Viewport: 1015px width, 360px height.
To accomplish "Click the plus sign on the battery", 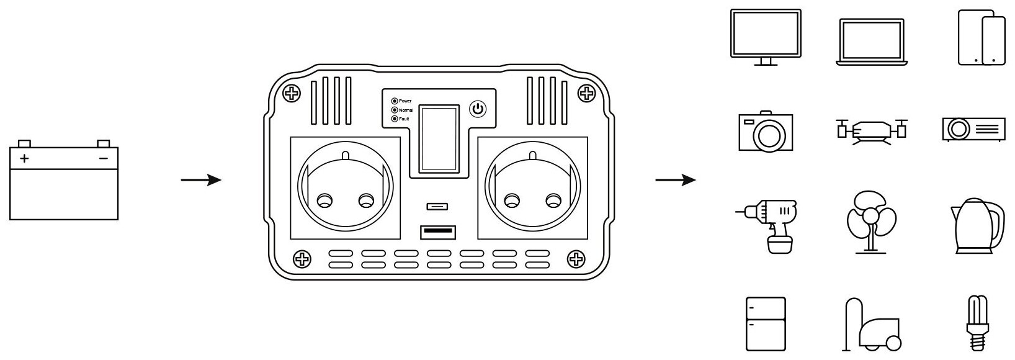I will coord(24,158).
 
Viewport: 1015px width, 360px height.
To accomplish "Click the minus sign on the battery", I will coord(104,158).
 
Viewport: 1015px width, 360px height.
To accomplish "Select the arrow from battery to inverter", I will coord(201,181).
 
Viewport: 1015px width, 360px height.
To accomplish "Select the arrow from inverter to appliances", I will coord(676,181).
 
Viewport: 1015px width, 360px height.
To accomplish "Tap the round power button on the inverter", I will coord(478,110).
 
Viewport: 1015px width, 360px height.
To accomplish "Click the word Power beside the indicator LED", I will coord(405,101).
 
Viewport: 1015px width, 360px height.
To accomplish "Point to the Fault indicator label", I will coord(404,119).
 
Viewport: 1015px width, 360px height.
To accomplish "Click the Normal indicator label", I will coord(406,110).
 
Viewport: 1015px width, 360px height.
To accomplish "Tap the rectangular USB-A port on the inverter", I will coord(438,232).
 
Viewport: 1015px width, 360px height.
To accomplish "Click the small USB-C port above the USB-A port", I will coord(438,206).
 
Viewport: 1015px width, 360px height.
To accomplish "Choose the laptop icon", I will coord(871,41).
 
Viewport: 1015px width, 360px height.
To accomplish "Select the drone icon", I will coord(871,130).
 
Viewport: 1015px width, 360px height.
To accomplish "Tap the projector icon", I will coord(973,129).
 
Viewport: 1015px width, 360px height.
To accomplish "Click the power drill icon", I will coord(769,225).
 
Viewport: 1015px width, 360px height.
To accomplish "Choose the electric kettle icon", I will coord(975,225).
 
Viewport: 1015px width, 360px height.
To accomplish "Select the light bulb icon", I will coord(976,323).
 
